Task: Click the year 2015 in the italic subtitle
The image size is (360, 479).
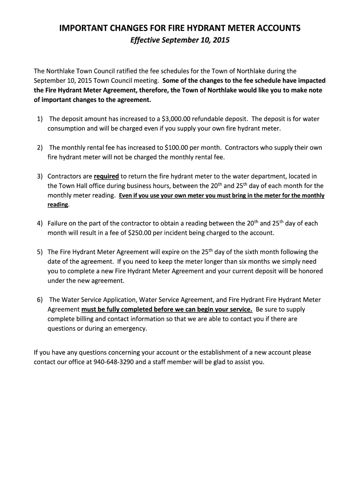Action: coord(221,41)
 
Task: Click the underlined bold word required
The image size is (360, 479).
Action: coord(106,176)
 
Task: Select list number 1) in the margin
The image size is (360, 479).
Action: coord(40,119)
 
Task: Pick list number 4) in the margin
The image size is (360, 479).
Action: coord(40,223)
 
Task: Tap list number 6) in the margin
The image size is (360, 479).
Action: coord(40,300)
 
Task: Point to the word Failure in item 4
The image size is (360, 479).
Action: coord(58,223)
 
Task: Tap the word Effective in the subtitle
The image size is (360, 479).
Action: coord(145,41)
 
